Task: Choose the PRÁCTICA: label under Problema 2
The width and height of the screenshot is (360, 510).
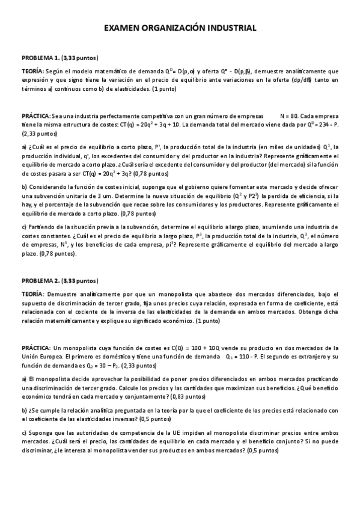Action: point(36,348)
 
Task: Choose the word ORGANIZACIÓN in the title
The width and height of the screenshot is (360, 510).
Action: point(175,28)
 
